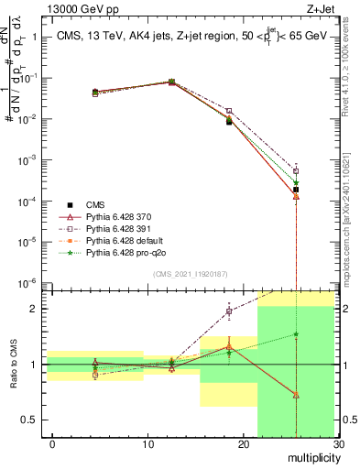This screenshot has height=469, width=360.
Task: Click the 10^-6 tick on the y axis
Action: point(34,283)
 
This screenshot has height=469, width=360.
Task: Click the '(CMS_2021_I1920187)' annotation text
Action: point(191,273)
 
